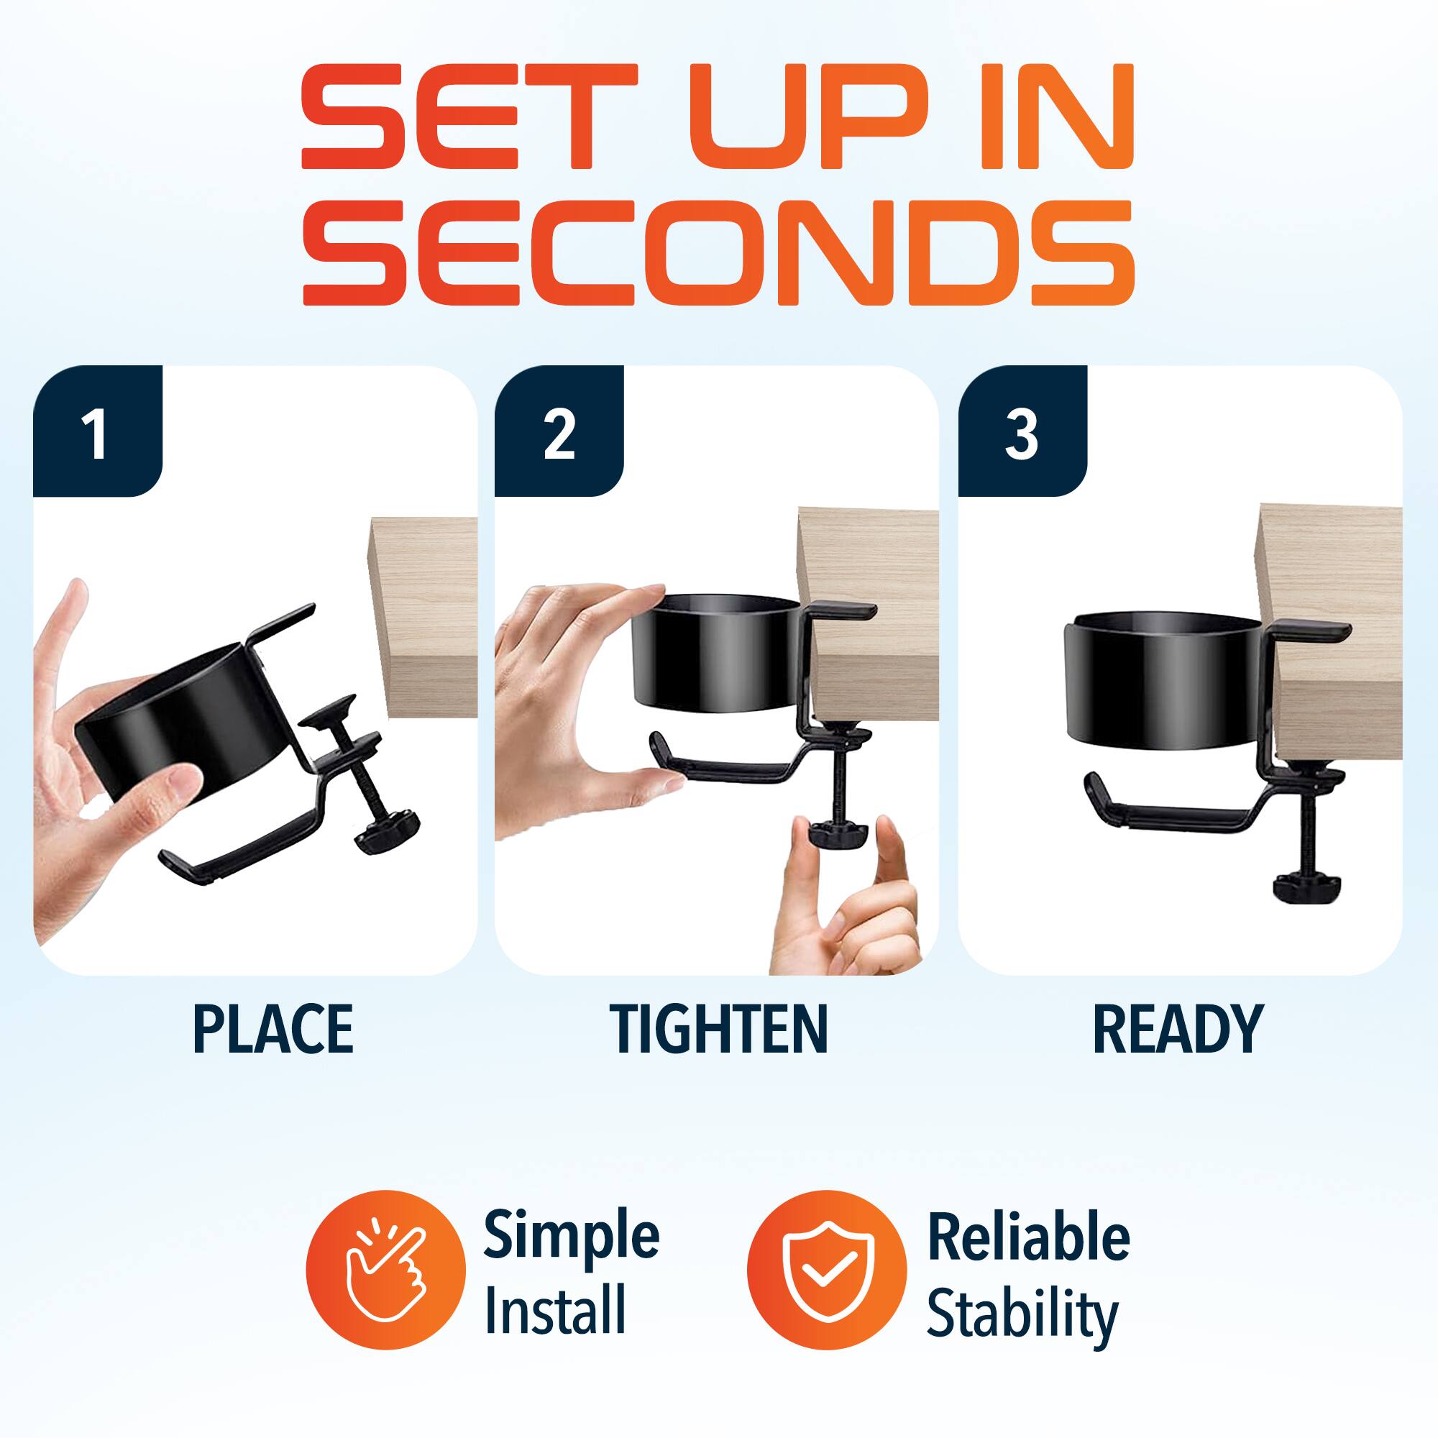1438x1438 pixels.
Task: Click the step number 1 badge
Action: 98,432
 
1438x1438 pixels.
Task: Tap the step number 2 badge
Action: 559,432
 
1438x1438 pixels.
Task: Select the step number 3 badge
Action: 1022,432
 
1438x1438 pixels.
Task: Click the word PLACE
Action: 273,1030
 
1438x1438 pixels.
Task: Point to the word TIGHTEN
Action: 718,1030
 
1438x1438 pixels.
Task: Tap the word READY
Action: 1178,1030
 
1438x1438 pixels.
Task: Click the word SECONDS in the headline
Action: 718,253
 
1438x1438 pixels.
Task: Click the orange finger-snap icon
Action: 385,1270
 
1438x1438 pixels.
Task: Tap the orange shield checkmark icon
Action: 827,1270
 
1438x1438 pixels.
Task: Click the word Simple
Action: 572,1236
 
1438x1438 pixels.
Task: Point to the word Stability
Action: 1022,1316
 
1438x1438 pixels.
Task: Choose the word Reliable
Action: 1029,1236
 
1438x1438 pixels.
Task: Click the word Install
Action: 555,1311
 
